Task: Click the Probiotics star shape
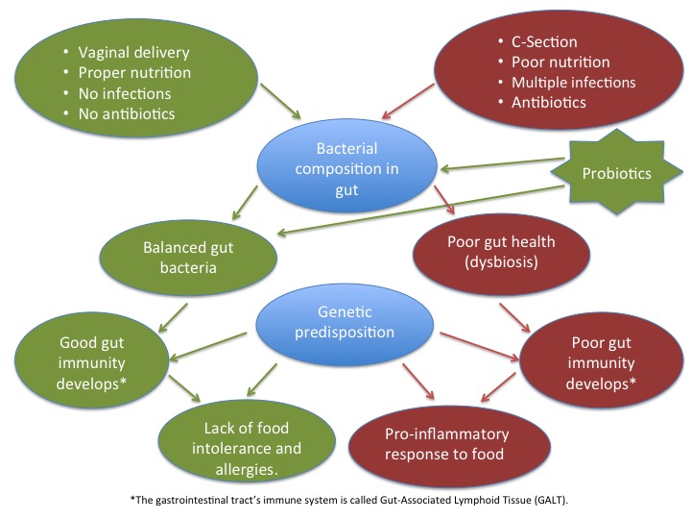[x=616, y=172]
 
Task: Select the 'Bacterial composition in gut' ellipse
[x=346, y=168]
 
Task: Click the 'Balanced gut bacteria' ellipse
[x=188, y=258]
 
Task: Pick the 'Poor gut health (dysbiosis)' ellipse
[x=501, y=252]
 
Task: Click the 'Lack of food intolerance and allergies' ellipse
[x=247, y=441]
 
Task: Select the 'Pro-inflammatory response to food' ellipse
[x=448, y=445]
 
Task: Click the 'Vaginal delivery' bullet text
[x=134, y=53]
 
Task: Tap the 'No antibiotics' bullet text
[x=127, y=113]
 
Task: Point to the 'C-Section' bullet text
[x=544, y=42]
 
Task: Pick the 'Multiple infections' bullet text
[x=573, y=83]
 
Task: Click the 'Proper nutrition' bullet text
[x=134, y=73]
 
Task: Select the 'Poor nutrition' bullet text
[x=560, y=62]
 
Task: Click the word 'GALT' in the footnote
[x=550, y=500]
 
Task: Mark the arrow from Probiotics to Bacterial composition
[x=502, y=163]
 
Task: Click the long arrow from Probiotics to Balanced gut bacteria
[x=421, y=210]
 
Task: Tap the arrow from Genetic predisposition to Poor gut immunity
[x=480, y=346]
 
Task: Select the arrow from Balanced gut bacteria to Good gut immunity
[x=173, y=317]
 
